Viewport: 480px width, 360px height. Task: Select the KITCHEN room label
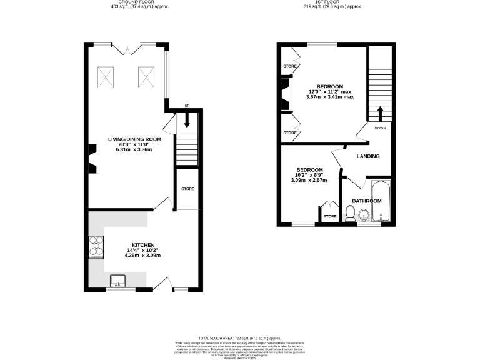[143, 246]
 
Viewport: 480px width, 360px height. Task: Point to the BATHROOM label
[366, 201]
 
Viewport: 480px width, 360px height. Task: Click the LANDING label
[368, 156]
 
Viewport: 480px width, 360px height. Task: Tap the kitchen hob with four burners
[97, 246]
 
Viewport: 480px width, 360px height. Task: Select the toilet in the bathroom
[350, 215]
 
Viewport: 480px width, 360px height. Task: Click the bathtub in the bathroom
[380, 201]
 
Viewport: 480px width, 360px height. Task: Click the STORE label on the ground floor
[187, 188]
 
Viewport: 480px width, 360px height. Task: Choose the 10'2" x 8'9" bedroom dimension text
[310, 176]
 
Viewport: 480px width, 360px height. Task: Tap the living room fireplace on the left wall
[92, 158]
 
